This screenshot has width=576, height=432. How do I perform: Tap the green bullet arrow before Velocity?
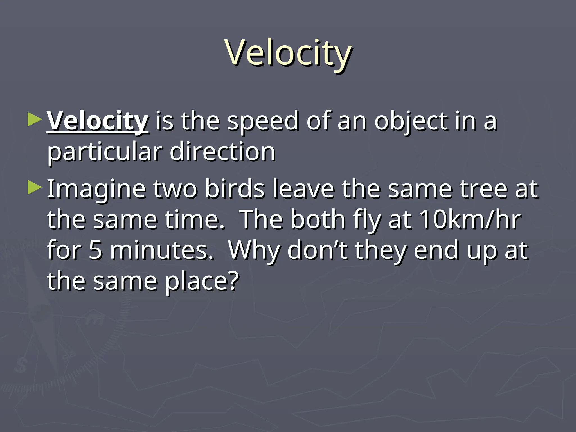pos(34,119)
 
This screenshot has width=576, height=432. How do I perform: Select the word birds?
pos(235,189)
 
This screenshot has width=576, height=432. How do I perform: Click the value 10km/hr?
pos(470,220)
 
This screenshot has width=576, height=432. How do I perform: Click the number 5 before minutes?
pos(95,250)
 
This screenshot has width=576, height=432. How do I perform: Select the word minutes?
pos(162,250)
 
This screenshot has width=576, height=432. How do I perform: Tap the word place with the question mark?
pos(201,281)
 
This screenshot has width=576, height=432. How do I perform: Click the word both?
pos(318,220)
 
